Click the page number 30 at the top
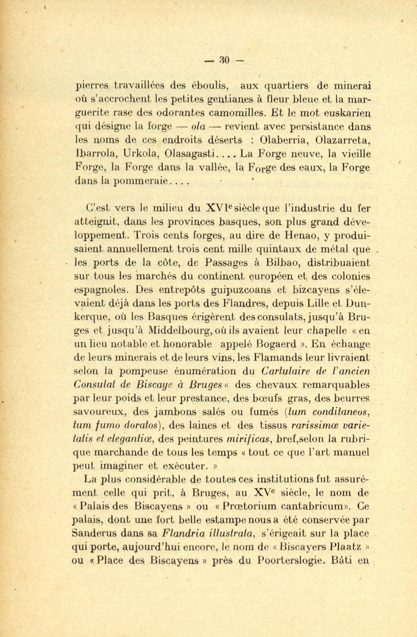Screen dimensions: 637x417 [x=224, y=60]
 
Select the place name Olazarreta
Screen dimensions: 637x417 [x=344, y=139]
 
